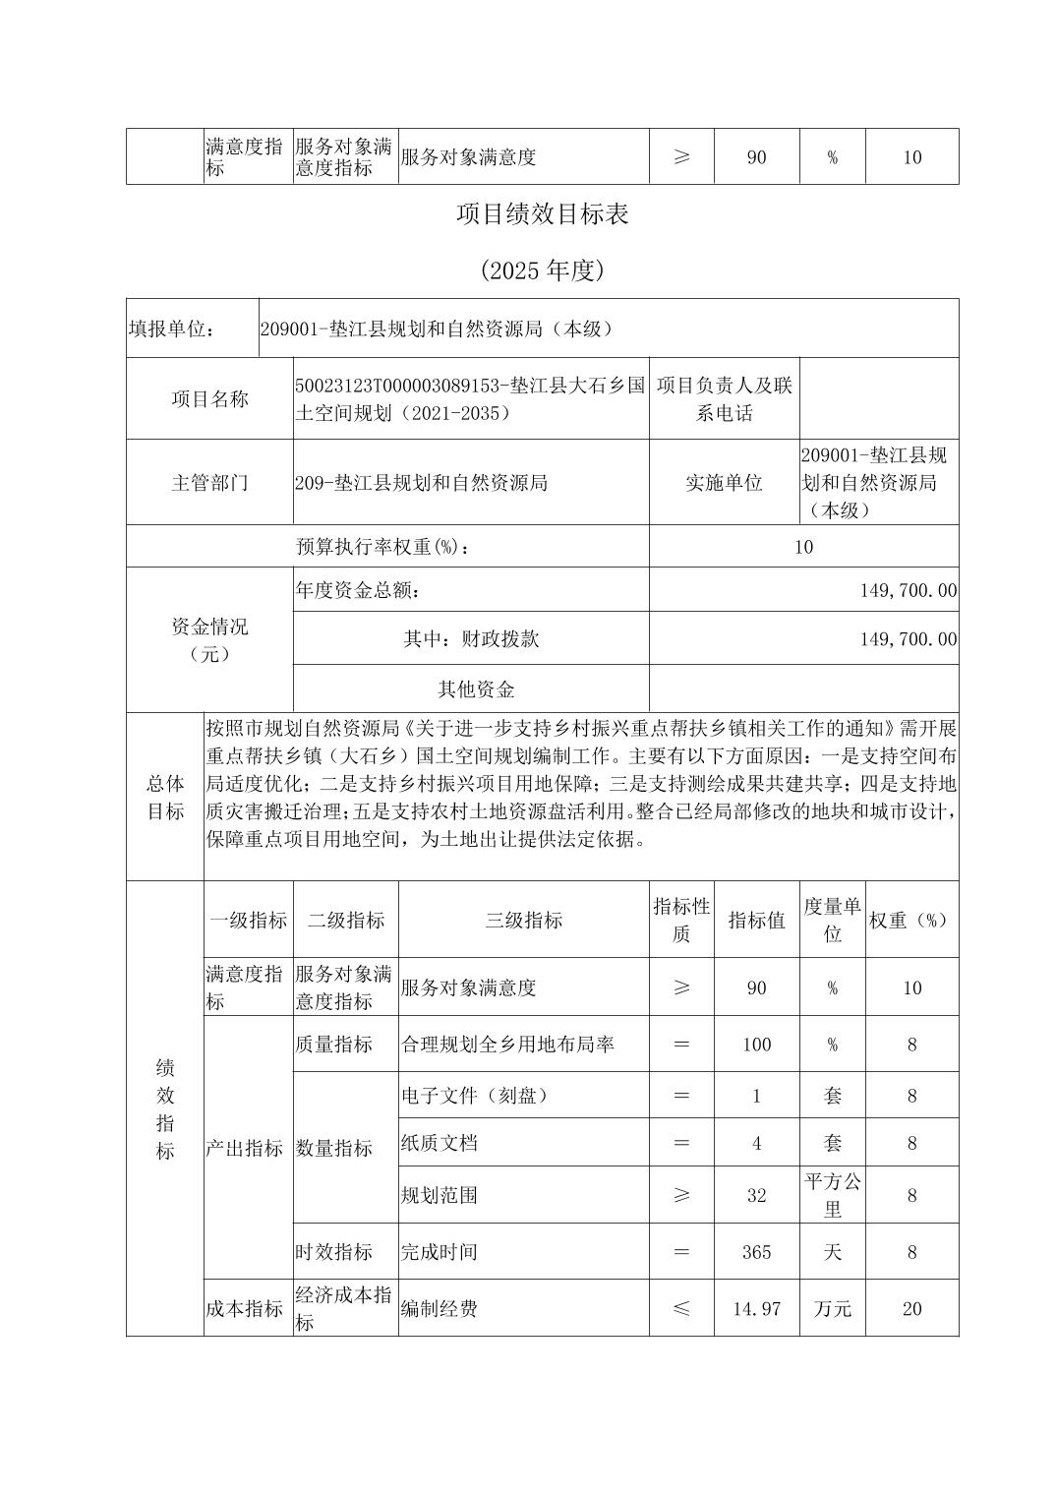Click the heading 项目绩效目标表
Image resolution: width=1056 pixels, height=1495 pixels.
(542, 214)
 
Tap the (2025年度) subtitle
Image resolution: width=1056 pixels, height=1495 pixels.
(542, 270)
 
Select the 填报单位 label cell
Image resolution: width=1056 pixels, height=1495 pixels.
(172, 329)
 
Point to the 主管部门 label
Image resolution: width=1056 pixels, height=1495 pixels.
(209, 483)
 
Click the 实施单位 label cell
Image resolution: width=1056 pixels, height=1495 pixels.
(724, 483)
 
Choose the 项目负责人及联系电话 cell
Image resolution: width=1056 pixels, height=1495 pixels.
(724, 399)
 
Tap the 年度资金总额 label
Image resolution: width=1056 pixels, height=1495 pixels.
(360, 590)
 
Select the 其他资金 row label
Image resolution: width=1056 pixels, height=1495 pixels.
(476, 689)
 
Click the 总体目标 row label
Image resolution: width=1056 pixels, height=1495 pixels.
(165, 797)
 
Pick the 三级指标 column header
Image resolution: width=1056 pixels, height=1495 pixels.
(523, 921)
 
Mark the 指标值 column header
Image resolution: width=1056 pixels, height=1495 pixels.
(756, 921)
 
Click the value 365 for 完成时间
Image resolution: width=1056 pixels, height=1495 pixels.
(756, 1252)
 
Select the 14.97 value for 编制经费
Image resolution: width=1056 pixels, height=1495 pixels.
(756, 1309)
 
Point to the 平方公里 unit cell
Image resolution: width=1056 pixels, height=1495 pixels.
(833, 1195)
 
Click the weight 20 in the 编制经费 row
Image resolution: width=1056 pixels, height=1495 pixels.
(911, 1309)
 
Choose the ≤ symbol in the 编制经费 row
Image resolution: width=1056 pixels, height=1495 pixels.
(681, 1309)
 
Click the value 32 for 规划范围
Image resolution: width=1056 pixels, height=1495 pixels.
(756, 1196)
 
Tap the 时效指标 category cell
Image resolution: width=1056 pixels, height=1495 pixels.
(334, 1252)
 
